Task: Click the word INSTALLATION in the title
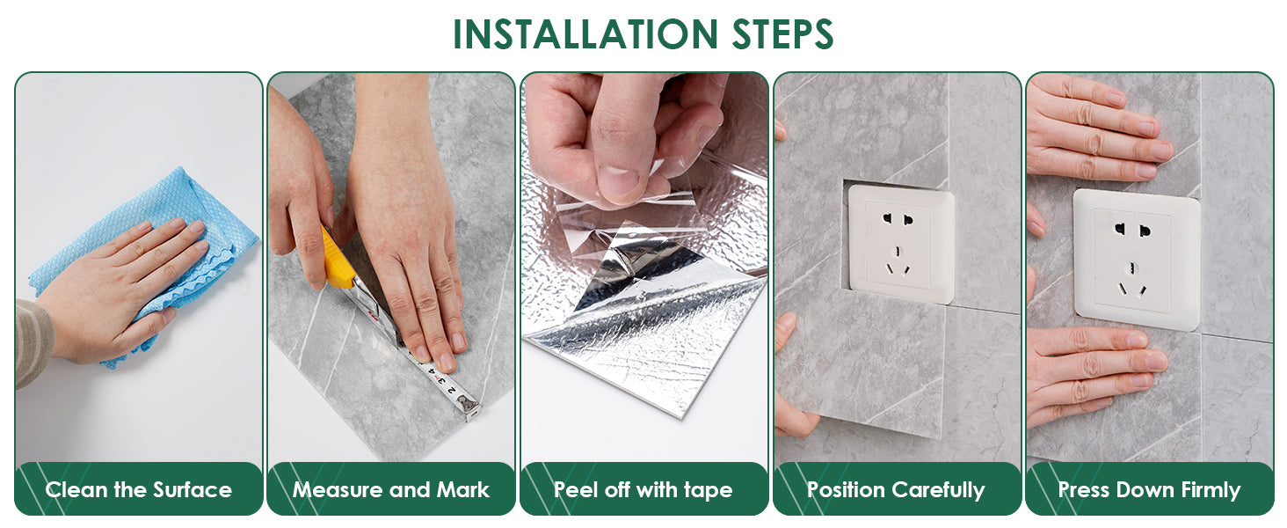(x=585, y=34)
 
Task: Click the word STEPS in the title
(x=782, y=34)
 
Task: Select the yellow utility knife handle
(x=337, y=260)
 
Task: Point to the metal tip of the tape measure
(x=471, y=407)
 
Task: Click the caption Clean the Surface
(x=139, y=490)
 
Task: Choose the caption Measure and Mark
(x=390, y=490)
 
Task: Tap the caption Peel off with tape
(x=643, y=490)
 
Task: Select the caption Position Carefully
(x=896, y=490)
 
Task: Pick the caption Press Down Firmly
(x=1149, y=490)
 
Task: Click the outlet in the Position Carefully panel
(x=901, y=243)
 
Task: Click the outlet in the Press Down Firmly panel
(x=1137, y=260)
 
